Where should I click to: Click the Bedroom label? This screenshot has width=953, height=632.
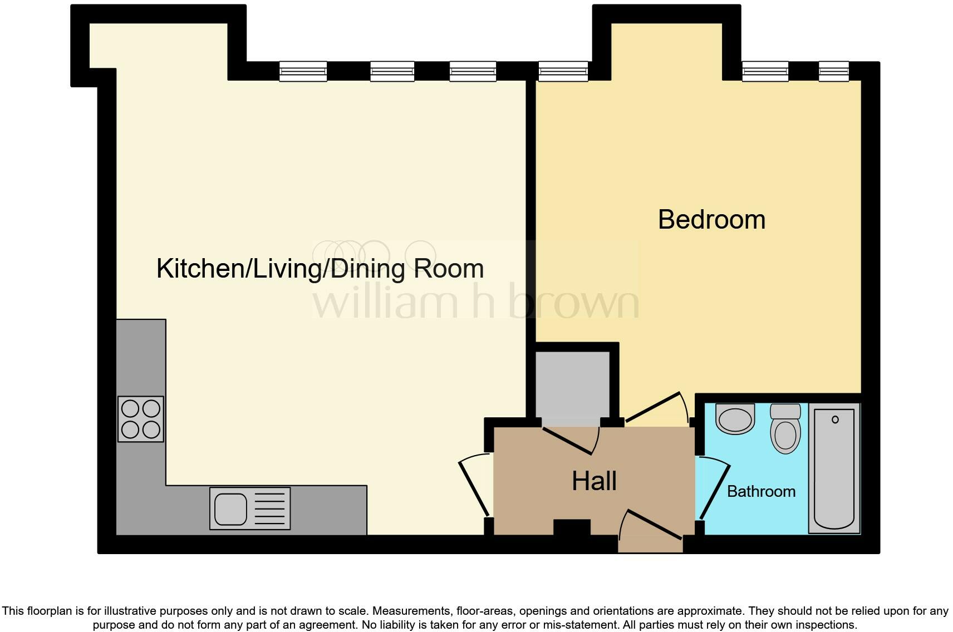point(711,220)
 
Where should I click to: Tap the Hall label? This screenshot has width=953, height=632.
point(594,481)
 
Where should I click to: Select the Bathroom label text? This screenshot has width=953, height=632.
point(761,491)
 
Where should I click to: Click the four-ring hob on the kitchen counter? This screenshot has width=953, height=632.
point(141,419)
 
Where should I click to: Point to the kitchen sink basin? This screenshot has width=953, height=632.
point(230,508)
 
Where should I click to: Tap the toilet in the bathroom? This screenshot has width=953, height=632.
point(785,428)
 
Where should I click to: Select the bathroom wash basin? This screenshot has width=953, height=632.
point(735,418)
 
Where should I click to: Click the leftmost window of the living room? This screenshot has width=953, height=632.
point(303,71)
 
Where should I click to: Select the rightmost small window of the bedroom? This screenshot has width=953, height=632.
point(833,71)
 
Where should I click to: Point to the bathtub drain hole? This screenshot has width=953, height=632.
point(834,419)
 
